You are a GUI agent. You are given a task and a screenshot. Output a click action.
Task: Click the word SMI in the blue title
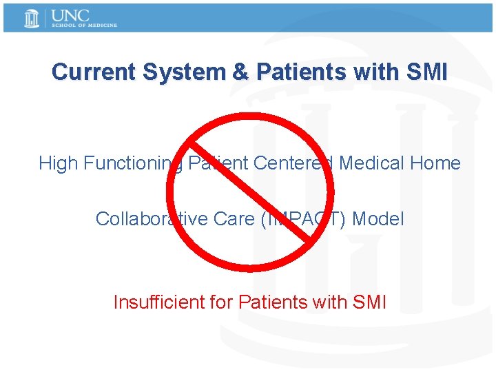426,72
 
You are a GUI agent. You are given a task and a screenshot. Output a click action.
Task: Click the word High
58,163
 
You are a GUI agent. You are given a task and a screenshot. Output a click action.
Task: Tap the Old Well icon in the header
32,18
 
